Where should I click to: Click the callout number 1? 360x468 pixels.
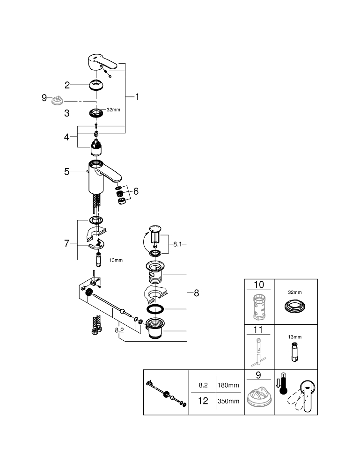coord(138,97)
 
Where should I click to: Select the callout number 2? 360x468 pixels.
coord(67,85)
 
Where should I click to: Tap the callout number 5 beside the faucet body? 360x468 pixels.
coord(67,172)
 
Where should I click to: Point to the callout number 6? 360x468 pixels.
coord(136,191)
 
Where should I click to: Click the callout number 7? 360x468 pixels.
coord(67,243)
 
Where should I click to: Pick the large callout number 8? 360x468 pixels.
coord(196,293)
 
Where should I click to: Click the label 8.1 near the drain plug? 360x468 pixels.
coord(177,244)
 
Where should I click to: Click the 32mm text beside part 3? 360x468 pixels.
coord(113,110)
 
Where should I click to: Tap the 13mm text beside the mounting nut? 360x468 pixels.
coord(116,260)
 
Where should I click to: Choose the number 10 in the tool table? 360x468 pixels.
coord(259,285)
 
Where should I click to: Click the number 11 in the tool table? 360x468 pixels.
coord(259,330)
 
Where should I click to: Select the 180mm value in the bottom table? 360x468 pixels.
coord(228,385)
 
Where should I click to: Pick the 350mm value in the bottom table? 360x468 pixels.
coord(228,402)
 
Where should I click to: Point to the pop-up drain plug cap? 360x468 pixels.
coord(155,229)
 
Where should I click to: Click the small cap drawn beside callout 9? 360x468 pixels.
coord(58,100)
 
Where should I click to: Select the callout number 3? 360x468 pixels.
coord(67,113)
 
